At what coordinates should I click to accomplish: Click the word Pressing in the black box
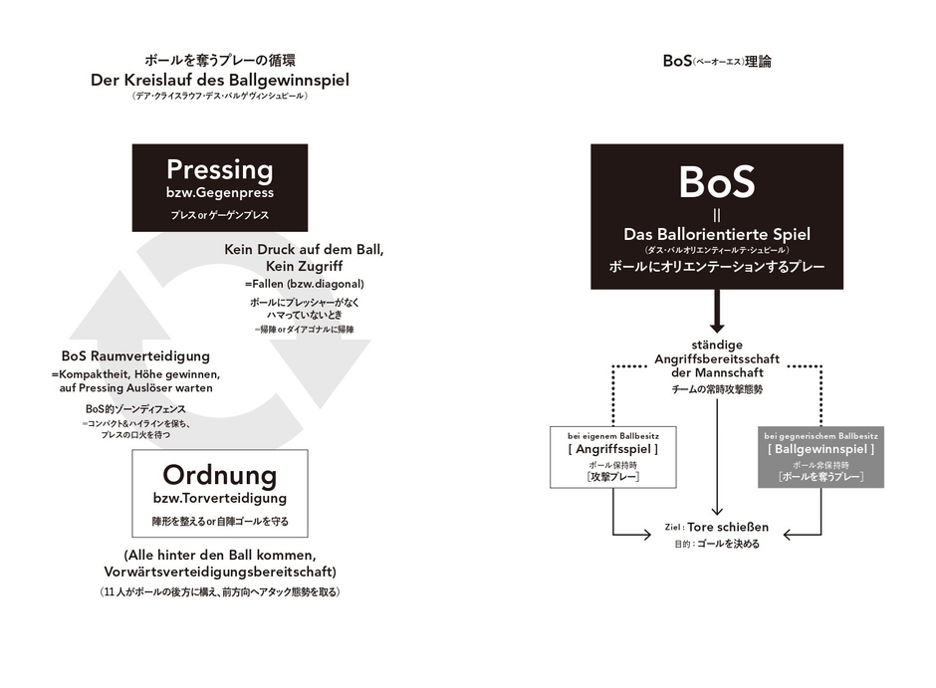(219, 169)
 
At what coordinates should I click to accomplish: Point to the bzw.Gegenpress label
(219, 192)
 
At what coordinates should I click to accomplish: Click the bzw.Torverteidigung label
(219, 497)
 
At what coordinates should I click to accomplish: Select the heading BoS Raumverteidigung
(135, 355)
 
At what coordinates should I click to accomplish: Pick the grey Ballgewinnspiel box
(820, 457)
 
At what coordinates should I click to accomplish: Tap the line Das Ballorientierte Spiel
(717, 234)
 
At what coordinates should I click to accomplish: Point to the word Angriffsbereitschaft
(717, 358)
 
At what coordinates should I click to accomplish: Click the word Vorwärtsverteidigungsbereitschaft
(219, 572)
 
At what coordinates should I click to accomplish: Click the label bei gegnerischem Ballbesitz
(820, 436)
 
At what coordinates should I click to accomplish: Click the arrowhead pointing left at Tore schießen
(790, 535)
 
